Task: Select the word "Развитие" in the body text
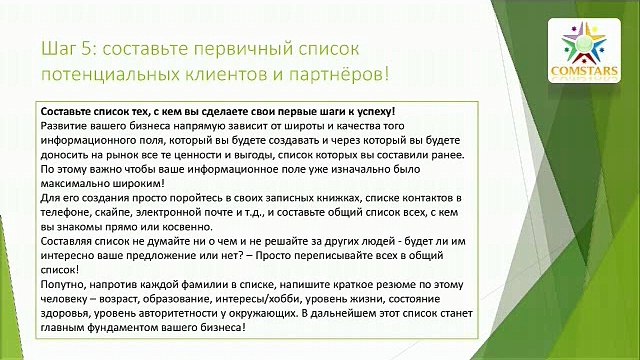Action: coord(64,126)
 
